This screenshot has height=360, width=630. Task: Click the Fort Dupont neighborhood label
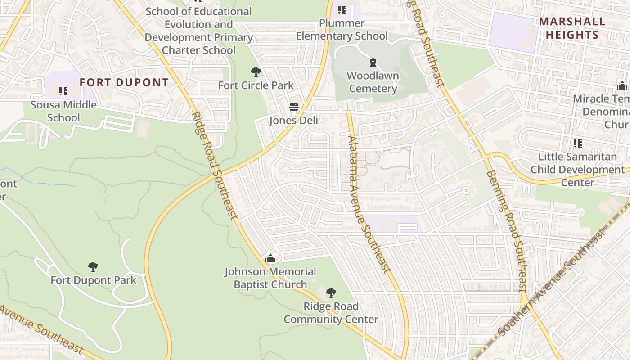click(x=124, y=83)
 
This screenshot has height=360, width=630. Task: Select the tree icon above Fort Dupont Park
click(x=93, y=267)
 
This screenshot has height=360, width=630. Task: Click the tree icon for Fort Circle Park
click(x=256, y=72)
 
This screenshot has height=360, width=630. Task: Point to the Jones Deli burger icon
click(x=294, y=108)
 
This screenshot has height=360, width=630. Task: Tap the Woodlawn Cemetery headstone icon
click(x=373, y=63)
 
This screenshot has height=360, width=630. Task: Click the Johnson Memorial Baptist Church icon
click(x=270, y=258)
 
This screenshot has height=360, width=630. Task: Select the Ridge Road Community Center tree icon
click(x=331, y=293)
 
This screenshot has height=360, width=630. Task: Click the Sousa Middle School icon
click(x=63, y=92)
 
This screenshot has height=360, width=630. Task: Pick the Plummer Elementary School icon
click(x=342, y=10)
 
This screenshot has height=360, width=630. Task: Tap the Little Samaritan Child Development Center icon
click(x=578, y=144)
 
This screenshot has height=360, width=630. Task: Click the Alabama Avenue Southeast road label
click(x=368, y=204)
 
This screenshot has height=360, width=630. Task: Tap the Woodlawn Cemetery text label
click(x=373, y=82)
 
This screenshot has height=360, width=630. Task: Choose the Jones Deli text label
click(x=293, y=121)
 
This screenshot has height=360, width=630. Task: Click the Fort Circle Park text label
click(x=256, y=85)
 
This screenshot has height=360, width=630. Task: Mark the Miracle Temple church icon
click(x=622, y=85)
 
